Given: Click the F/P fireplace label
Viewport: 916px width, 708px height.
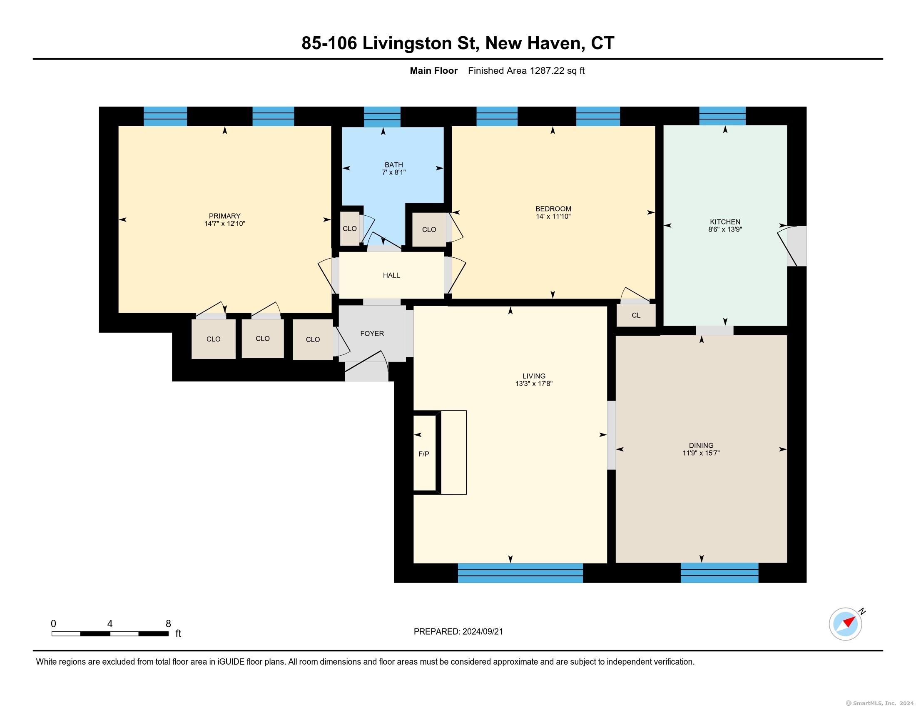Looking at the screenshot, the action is [423, 454].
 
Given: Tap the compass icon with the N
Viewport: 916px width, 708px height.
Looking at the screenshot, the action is [846, 623].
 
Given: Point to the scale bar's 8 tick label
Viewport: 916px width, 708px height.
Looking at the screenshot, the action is [168, 623].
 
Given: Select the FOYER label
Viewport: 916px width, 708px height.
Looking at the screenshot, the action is [372, 334].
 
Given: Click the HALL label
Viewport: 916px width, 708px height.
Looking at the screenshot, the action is [391, 275].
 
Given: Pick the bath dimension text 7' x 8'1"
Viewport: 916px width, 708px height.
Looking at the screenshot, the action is [394, 172].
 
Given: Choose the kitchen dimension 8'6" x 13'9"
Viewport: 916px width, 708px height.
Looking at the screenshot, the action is [725, 229].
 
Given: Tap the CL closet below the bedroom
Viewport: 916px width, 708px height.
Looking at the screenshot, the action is [636, 315].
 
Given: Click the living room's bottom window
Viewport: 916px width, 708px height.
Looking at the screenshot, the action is [520, 573].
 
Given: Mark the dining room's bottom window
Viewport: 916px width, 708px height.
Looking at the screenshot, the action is [719, 573].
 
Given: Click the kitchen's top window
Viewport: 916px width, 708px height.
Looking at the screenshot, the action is [722, 116].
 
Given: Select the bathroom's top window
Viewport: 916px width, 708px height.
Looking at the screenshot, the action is [382, 117].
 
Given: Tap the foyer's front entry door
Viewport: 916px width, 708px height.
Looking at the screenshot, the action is [366, 366].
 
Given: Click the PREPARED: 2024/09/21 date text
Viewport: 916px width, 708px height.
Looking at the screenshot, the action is [458, 631].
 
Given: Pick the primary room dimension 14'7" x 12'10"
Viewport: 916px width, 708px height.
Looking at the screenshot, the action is [225, 224].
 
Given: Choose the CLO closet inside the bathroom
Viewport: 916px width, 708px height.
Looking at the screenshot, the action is [350, 229].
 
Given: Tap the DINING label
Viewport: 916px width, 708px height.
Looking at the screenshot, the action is [701, 445].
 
